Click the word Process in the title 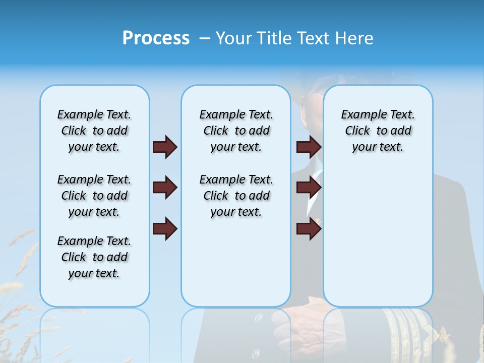click(156, 38)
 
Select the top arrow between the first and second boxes click(165, 147)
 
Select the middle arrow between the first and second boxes click(165, 188)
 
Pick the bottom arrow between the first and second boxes click(165, 229)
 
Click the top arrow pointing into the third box click(309, 147)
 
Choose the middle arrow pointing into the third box click(309, 188)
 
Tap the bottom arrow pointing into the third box click(309, 229)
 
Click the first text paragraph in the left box click(94, 131)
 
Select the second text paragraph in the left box click(94, 196)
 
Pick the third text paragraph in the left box click(94, 257)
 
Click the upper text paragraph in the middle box click(236, 131)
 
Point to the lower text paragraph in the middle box click(236, 196)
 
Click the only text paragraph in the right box click(378, 131)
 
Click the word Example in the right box click(359, 115)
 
